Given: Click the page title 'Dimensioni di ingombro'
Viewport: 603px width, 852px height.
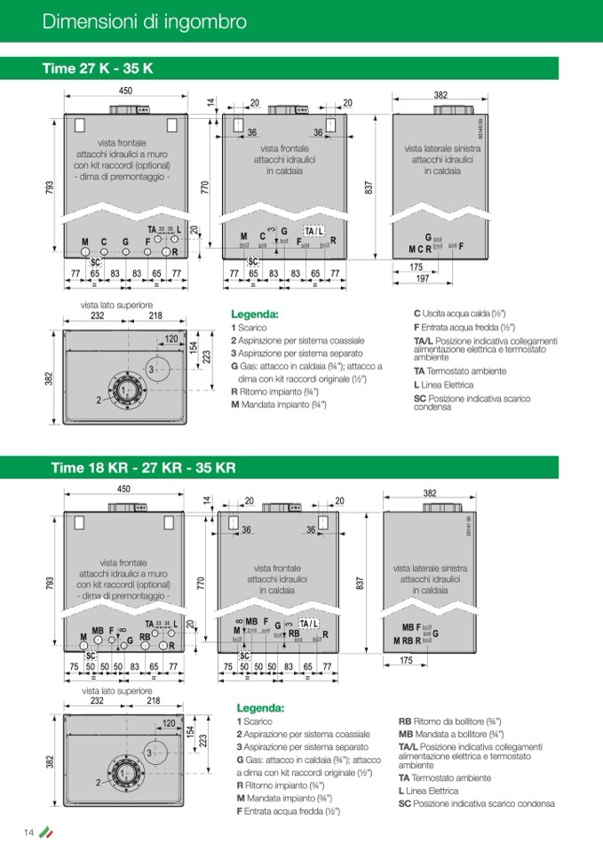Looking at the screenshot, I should click(x=144, y=21).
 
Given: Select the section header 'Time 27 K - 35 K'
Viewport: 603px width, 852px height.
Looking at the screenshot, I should click(x=98, y=68).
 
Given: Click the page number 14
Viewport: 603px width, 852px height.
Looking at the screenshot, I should click(x=28, y=832).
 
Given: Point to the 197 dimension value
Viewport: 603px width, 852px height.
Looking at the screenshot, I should click(x=423, y=278).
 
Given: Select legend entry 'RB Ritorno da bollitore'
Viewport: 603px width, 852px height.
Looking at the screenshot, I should click(x=449, y=721).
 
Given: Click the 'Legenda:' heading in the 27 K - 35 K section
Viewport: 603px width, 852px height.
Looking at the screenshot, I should click(x=254, y=315).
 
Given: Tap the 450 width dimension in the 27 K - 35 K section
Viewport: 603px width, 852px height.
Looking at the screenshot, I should click(x=125, y=91).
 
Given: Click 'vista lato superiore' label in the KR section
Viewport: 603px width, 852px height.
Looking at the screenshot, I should click(x=117, y=690).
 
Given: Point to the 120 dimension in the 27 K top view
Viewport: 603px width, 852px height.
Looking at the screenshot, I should click(x=171, y=338).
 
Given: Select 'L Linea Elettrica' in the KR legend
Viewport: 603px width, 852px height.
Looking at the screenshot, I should click(x=427, y=790).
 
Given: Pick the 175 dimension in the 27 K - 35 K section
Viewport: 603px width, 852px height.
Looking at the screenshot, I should click(x=416, y=267).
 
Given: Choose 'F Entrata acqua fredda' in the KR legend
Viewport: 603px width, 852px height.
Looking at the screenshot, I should click(x=289, y=811).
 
